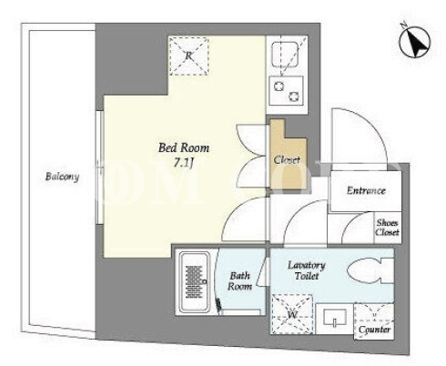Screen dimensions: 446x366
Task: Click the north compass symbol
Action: click(x=415, y=42)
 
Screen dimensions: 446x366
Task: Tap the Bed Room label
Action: click(x=184, y=147)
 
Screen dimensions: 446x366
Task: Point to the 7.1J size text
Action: click(x=184, y=164)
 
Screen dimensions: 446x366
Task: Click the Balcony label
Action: click(x=62, y=177)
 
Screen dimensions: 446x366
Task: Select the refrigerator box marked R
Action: click(x=188, y=56)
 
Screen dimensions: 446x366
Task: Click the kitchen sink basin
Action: click(x=285, y=55)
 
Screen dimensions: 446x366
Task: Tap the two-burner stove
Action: click(x=286, y=91)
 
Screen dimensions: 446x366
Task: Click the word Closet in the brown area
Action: click(x=287, y=159)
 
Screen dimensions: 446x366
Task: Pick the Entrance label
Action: click(x=366, y=190)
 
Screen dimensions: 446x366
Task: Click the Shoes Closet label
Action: click(x=387, y=228)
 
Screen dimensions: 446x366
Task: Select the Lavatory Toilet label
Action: click(x=307, y=270)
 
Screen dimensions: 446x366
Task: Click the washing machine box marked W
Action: click(x=291, y=314)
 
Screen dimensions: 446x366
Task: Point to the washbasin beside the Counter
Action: click(x=335, y=319)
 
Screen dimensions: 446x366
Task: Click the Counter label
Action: click(x=374, y=330)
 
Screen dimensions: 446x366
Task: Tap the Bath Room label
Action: click(x=239, y=281)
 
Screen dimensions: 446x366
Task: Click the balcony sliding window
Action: click(x=99, y=168)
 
